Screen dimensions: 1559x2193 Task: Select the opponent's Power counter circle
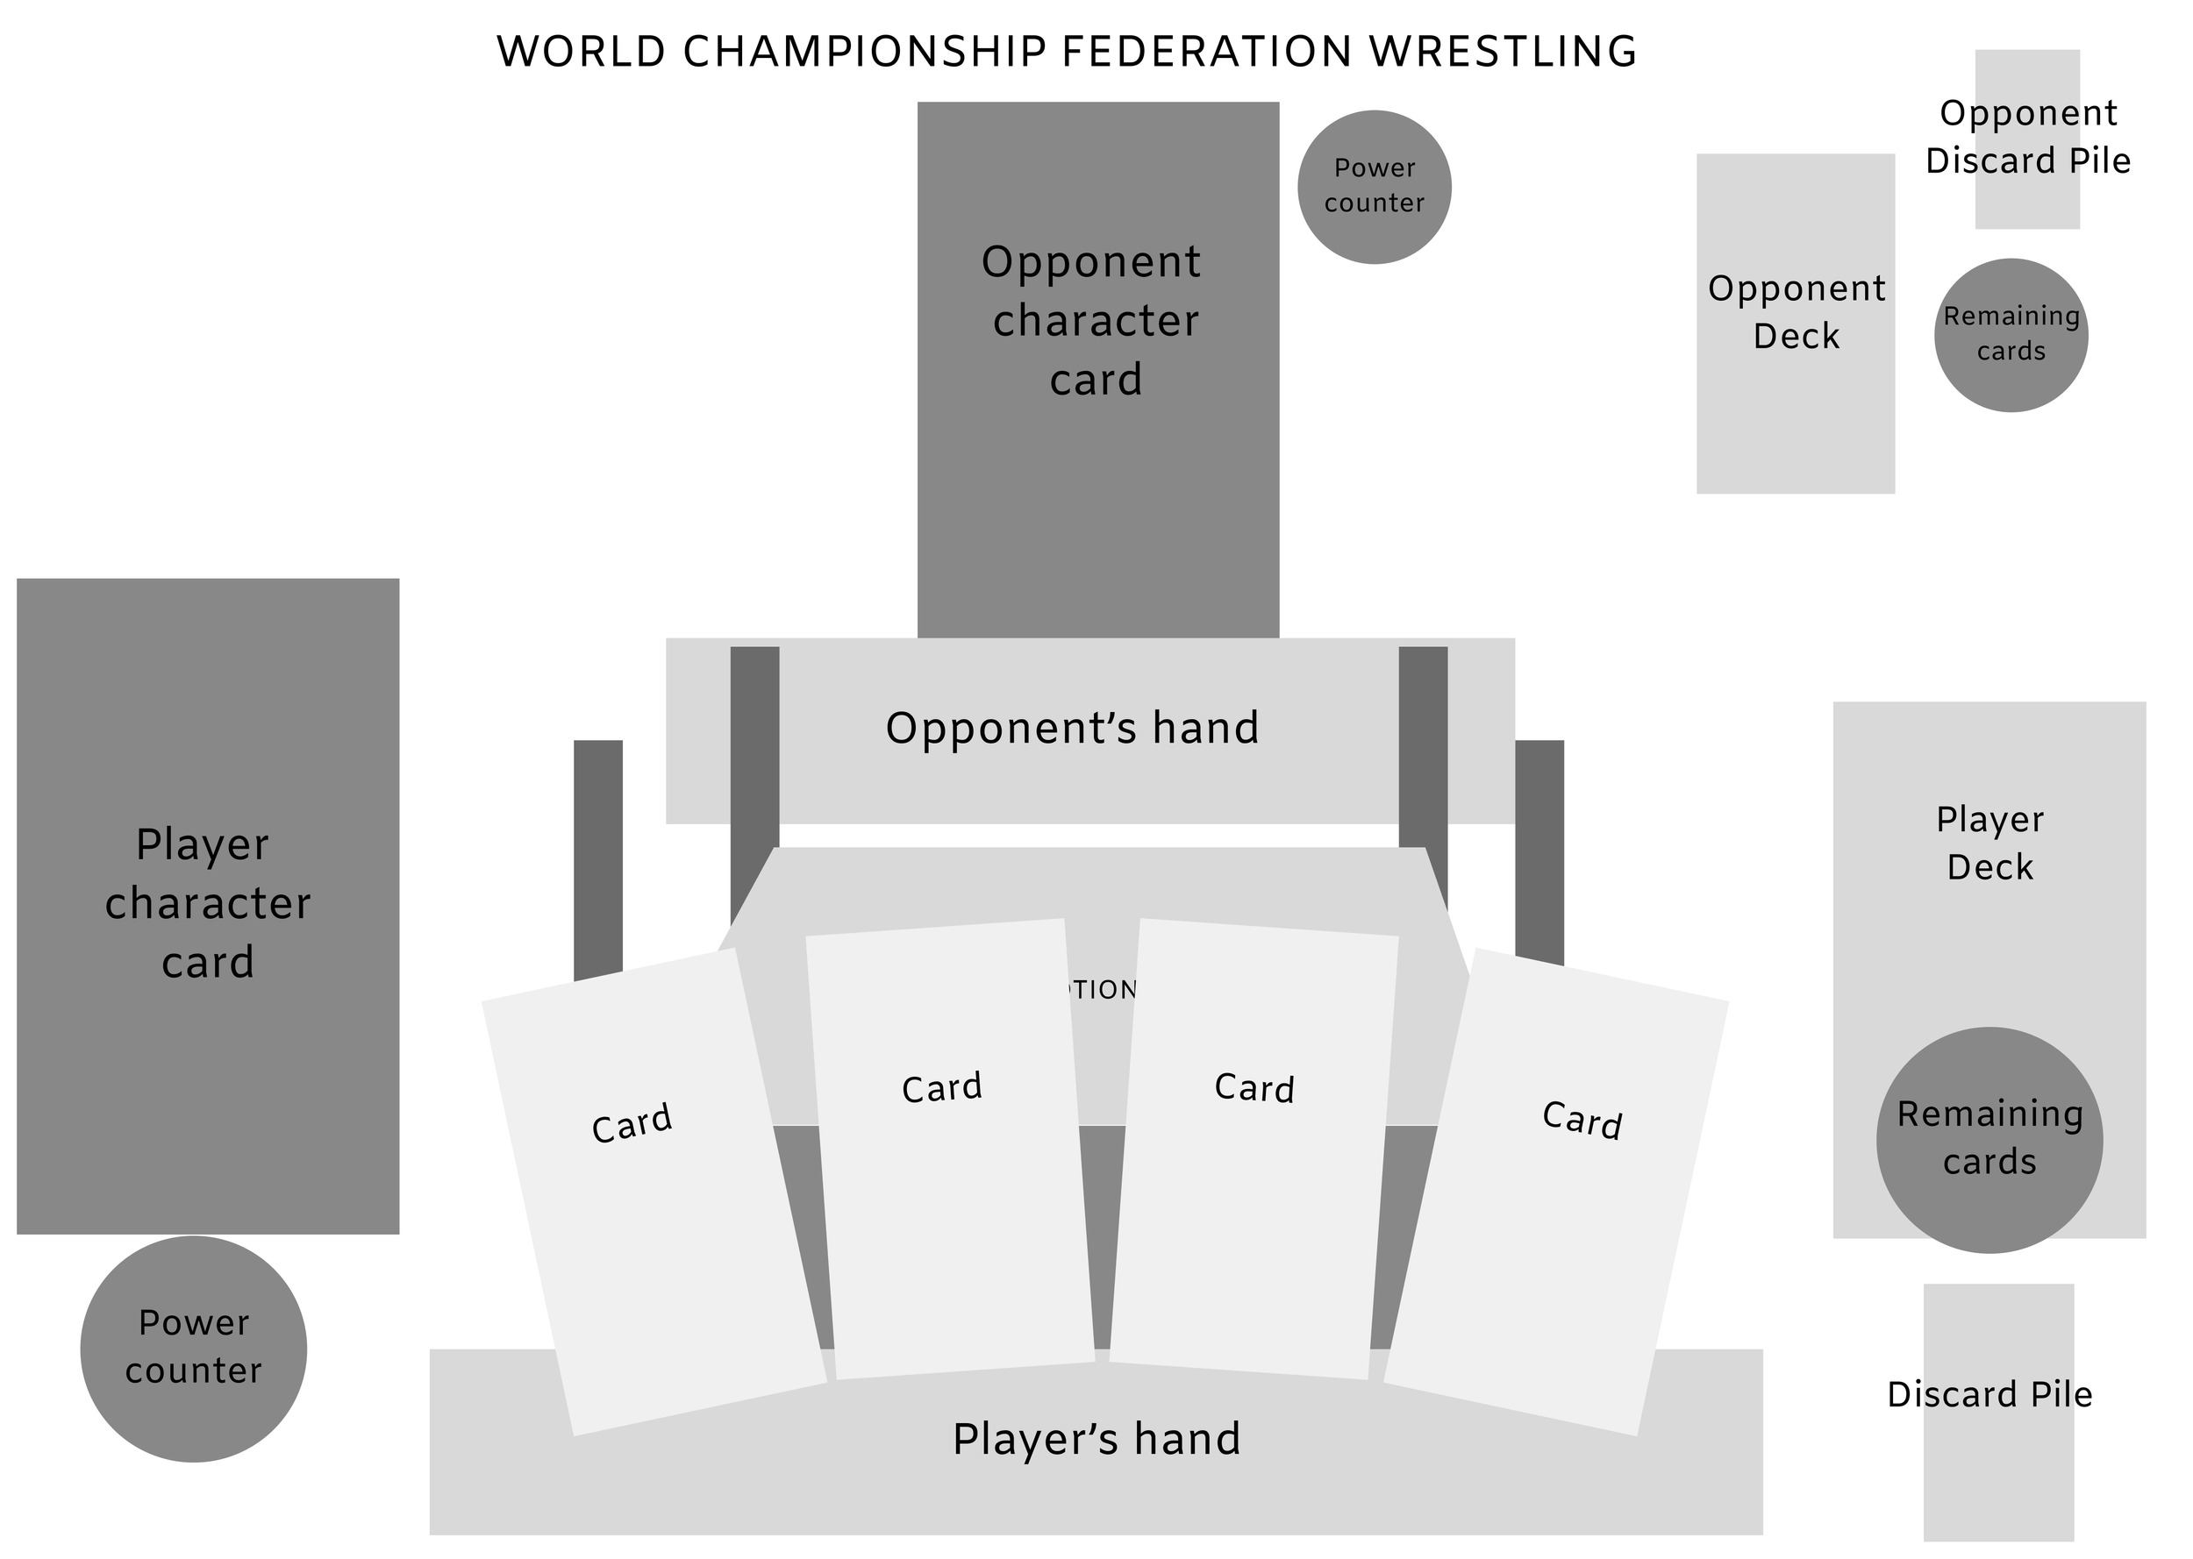(x=1373, y=187)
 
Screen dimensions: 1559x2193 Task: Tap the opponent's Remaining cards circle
(x=2011, y=335)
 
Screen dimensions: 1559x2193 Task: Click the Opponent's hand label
(x=1072, y=729)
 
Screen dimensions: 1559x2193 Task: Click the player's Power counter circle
(x=193, y=1349)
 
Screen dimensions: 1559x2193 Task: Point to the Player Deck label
(x=1989, y=843)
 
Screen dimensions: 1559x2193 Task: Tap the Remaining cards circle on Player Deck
(x=1989, y=1140)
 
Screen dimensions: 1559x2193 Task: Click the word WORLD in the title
(x=581, y=52)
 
